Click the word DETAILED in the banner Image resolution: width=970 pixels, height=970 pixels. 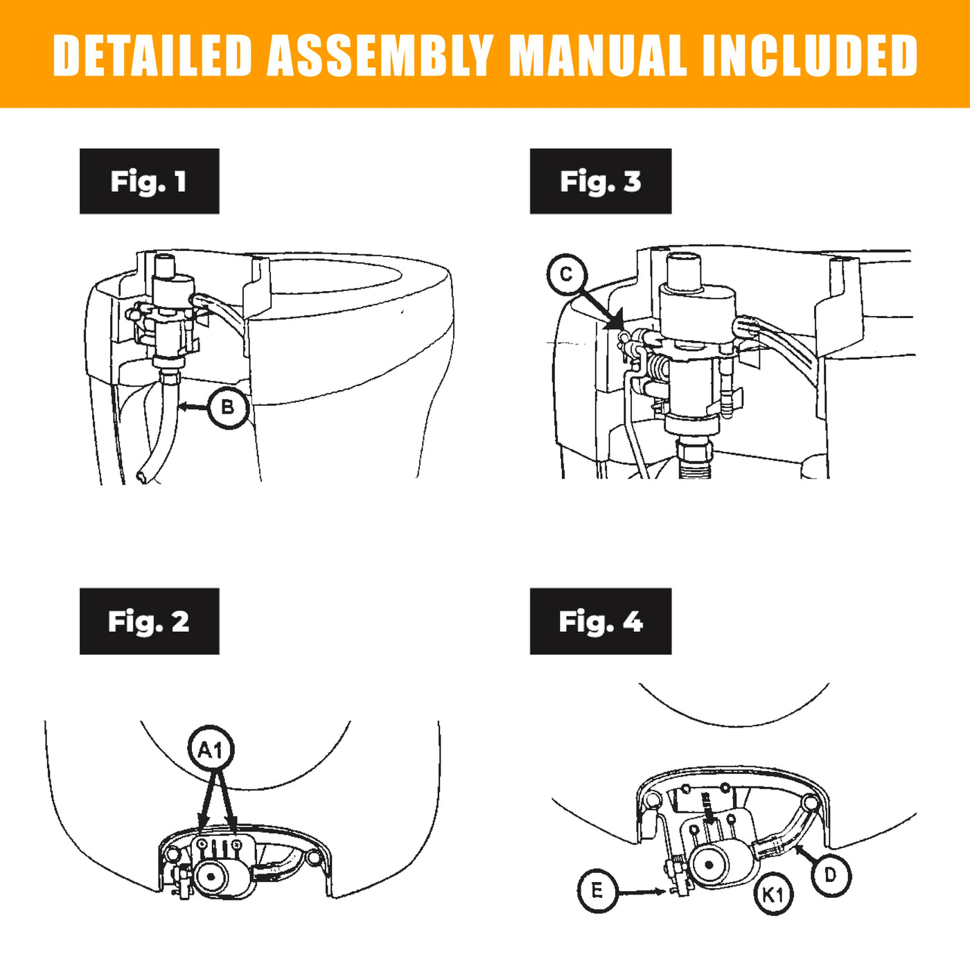[x=152, y=55]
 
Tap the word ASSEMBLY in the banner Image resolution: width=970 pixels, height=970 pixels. [x=380, y=55]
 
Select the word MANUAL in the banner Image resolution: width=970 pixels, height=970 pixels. [x=597, y=55]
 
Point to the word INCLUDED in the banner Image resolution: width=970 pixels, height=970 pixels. [x=809, y=55]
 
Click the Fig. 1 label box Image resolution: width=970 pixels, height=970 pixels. [x=149, y=181]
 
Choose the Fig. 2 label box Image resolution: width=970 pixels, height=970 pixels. [x=149, y=621]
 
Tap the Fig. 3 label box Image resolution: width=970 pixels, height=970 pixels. [x=600, y=181]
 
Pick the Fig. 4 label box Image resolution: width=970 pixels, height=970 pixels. [x=600, y=621]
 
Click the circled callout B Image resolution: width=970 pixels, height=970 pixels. [x=227, y=407]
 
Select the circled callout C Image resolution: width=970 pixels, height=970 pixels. [x=566, y=274]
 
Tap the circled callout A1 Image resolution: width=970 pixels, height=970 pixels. [x=211, y=749]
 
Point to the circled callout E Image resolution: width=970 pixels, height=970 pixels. [x=597, y=890]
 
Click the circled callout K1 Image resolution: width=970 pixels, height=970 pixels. [x=773, y=894]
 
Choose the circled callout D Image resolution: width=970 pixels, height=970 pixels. [x=830, y=876]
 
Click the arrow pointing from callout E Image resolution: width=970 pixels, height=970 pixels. [x=642, y=892]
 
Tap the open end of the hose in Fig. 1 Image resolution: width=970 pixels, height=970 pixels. [x=142, y=477]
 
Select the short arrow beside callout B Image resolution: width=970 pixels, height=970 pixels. [x=193, y=407]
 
